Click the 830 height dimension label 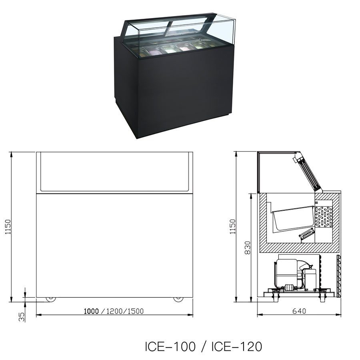tap(248, 248)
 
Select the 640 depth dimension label tap(299, 311)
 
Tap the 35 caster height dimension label tap(22, 317)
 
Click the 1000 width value tap(91, 311)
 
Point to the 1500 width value tap(136, 311)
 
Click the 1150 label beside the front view tap(8, 227)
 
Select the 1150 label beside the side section tap(232, 227)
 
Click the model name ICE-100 tap(170, 346)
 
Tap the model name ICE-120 tap(236, 346)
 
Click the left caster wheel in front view tap(51, 299)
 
